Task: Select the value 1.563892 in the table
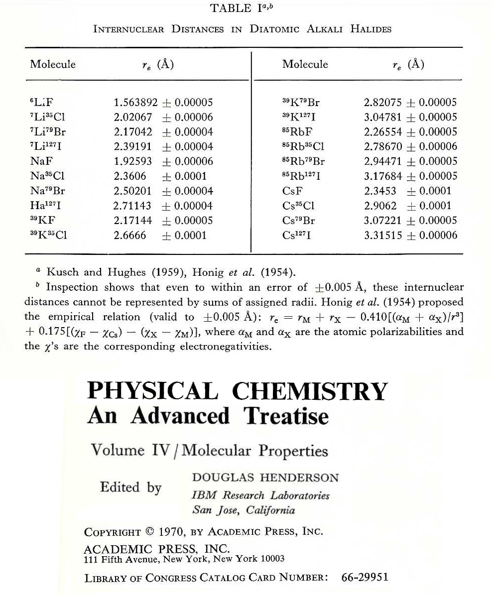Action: (x=135, y=103)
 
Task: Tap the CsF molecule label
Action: (x=292, y=191)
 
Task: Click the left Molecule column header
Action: (x=53, y=64)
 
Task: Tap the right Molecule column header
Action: (x=305, y=64)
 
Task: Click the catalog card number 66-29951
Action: (x=365, y=578)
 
